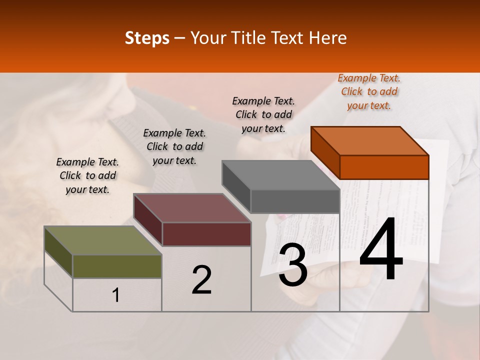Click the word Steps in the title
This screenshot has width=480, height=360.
coord(147,38)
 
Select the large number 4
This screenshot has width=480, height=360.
coord(381,250)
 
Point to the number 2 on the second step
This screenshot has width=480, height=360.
coord(201,280)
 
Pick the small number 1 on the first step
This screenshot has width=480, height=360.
coord(116,295)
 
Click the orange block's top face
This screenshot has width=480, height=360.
coord(370,140)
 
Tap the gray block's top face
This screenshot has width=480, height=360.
coord(281,175)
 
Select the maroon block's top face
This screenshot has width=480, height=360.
coord(192,208)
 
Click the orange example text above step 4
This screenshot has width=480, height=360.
coord(369,92)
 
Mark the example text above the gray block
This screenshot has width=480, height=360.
coord(263,115)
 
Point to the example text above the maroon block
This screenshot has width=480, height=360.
coord(174,147)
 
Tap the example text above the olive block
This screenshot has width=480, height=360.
coord(87,176)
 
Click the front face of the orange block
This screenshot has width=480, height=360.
coord(384,167)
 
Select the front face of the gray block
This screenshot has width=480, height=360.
coord(295,201)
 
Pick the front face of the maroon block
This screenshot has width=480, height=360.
coord(206,234)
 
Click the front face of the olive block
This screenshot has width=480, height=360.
coord(117,266)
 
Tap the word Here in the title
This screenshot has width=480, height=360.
coord(328,38)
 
